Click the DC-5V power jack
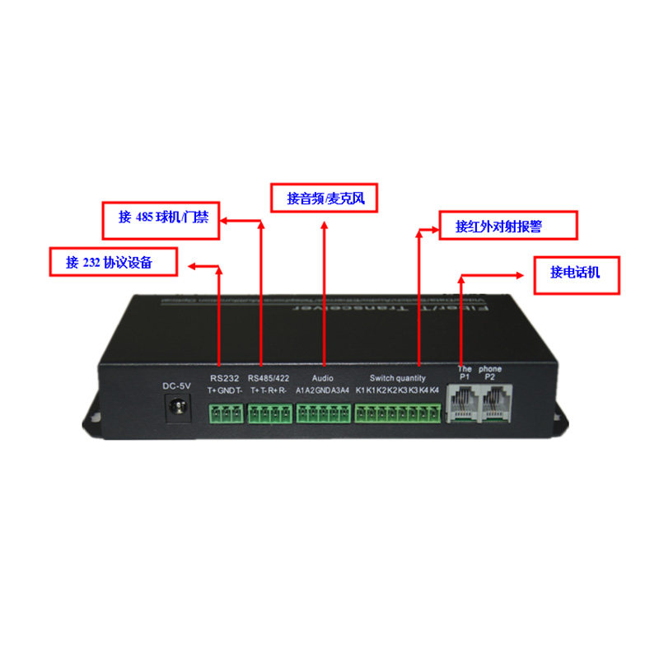tap(176, 408)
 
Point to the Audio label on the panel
tap(322, 378)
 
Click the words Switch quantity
tap(398, 378)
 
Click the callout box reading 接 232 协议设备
tap(114, 262)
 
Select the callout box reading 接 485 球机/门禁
tap(161, 218)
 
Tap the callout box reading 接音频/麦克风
tap(325, 199)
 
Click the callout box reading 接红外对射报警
tap(507, 226)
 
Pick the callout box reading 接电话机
tap(576, 272)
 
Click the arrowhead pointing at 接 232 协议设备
tap(192, 266)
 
